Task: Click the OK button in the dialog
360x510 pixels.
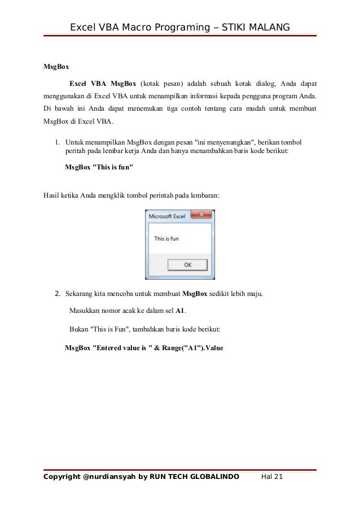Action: tap(188, 264)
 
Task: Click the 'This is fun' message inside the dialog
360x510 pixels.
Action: tap(166, 239)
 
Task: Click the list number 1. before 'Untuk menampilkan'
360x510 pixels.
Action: tap(58, 143)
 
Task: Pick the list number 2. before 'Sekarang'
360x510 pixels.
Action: tap(58, 294)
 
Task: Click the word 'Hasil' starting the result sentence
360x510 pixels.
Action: tap(52, 196)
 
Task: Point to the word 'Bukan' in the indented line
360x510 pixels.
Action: tap(78, 329)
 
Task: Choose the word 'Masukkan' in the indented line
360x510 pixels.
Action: tap(84, 311)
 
